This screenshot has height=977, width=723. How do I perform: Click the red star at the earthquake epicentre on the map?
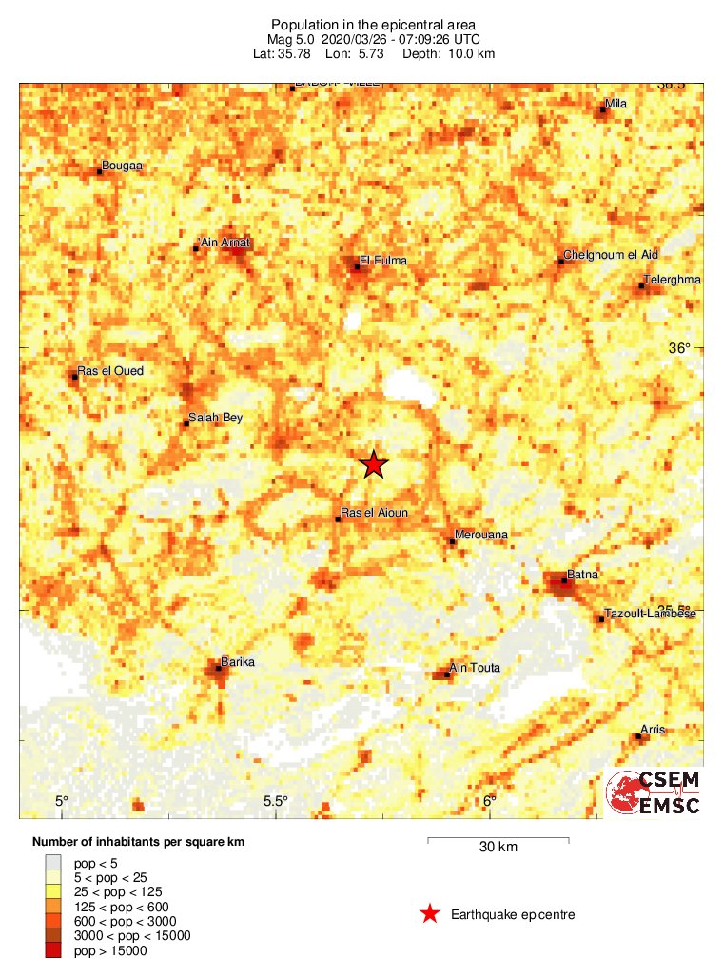374,463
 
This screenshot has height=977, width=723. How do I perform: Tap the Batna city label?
581,575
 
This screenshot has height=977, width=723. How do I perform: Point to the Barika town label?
238,661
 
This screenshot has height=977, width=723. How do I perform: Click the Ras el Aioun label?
374,513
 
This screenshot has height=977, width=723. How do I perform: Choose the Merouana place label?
481,535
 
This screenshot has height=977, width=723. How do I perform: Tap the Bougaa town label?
123,166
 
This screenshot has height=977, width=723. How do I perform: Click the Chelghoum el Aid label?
611,255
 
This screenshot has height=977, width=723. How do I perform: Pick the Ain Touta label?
474,668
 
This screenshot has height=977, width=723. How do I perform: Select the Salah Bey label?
216,417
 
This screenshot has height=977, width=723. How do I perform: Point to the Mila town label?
616,104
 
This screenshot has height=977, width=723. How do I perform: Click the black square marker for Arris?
637,735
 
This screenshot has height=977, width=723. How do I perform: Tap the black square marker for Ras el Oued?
75,377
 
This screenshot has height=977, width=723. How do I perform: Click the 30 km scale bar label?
498,847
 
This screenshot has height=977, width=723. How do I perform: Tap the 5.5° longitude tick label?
276,801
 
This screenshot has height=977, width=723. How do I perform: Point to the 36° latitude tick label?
679,348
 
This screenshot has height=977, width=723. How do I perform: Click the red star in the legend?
430,914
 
